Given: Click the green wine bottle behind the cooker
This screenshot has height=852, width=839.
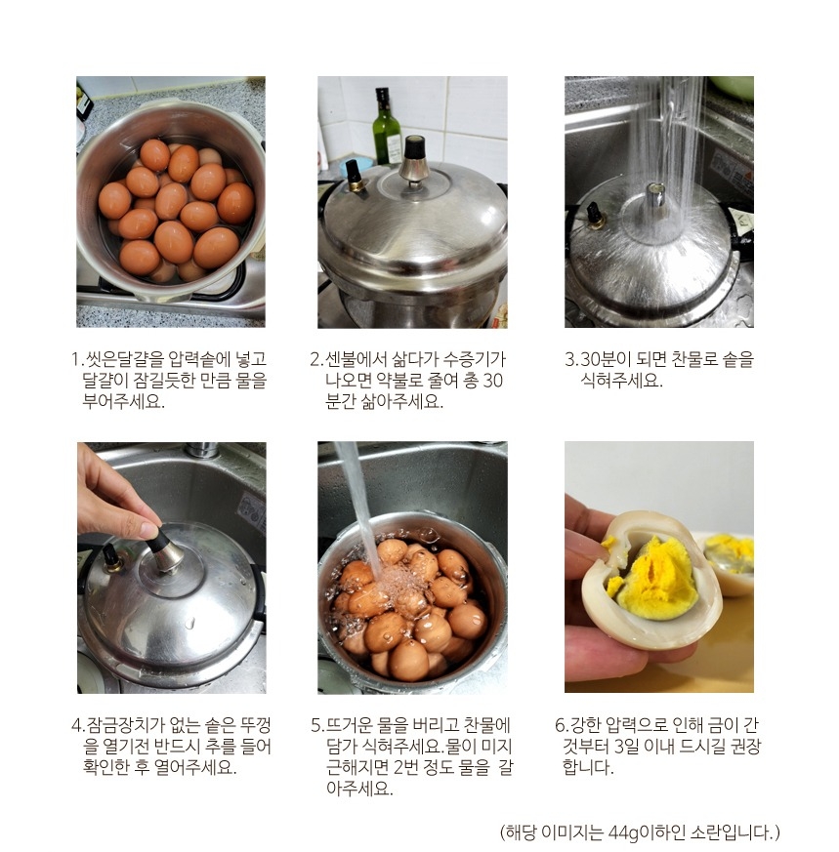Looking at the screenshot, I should tap(387, 127).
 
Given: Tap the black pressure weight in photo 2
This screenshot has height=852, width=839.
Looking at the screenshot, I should tap(414, 147).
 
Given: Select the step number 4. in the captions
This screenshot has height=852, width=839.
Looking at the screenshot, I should tap(77, 725).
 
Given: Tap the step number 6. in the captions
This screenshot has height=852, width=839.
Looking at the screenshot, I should tap(561, 725).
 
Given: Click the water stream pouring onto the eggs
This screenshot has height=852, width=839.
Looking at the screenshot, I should tap(357, 507).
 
